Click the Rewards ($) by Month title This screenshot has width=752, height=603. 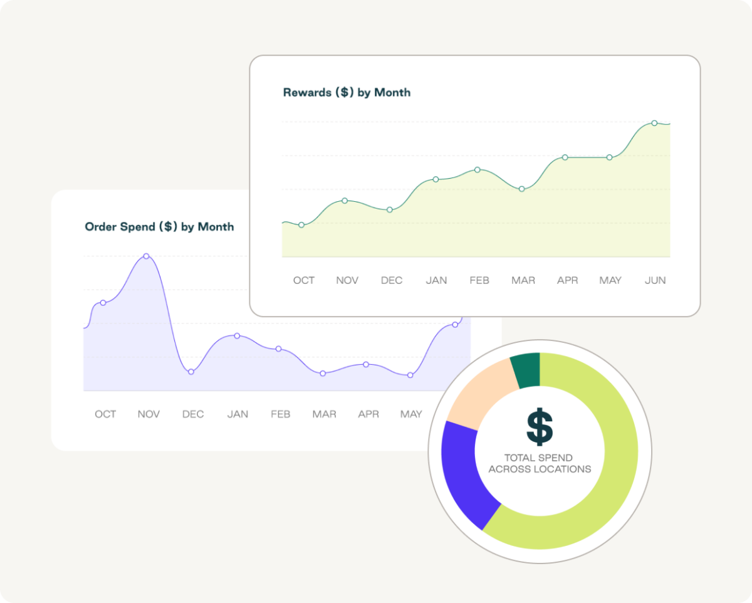[x=347, y=93]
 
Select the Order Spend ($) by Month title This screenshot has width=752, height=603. [x=159, y=227]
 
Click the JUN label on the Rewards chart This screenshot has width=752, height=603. [x=655, y=280]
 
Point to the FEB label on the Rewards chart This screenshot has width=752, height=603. [x=479, y=280]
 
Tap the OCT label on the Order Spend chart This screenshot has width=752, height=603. [x=105, y=414]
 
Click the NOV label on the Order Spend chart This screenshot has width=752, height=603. [x=149, y=414]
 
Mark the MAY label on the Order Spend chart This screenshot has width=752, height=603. [x=411, y=414]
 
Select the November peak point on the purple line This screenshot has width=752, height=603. [x=146, y=256]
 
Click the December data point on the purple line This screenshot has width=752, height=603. [x=191, y=372]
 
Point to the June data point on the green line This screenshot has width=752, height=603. [x=654, y=123]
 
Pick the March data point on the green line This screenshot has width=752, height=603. [x=521, y=189]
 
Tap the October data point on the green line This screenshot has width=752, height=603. [x=301, y=224]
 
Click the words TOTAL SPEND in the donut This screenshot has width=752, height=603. [x=540, y=458]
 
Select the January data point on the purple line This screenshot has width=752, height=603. [x=237, y=336]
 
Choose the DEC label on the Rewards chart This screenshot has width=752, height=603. [x=392, y=280]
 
